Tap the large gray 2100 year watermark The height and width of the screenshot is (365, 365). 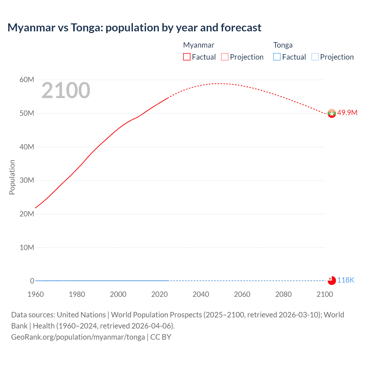(66, 90)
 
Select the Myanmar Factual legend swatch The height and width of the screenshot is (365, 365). (186, 57)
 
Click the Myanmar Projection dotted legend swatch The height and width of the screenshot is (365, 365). (225, 57)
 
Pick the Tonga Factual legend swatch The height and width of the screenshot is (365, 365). (277, 57)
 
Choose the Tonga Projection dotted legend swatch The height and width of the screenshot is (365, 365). (315, 57)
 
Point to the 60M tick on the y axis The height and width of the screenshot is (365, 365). (27, 80)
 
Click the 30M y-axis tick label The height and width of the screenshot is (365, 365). (27, 181)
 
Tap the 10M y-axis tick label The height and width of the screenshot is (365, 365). (27, 248)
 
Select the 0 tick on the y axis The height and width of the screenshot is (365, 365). (32, 281)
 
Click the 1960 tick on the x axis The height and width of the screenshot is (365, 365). (36, 294)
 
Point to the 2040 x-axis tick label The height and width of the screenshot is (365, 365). (201, 294)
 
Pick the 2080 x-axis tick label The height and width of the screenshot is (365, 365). (283, 294)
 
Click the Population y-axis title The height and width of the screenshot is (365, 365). (12, 177)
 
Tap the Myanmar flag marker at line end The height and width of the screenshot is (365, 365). (332, 113)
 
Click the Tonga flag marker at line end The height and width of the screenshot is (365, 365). (332, 281)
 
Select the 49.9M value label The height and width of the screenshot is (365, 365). (347, 113)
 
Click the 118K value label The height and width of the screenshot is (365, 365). (346, 280)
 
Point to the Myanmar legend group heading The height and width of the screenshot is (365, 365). (198, 45)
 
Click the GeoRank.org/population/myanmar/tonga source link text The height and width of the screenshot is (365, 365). (78, 337)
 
